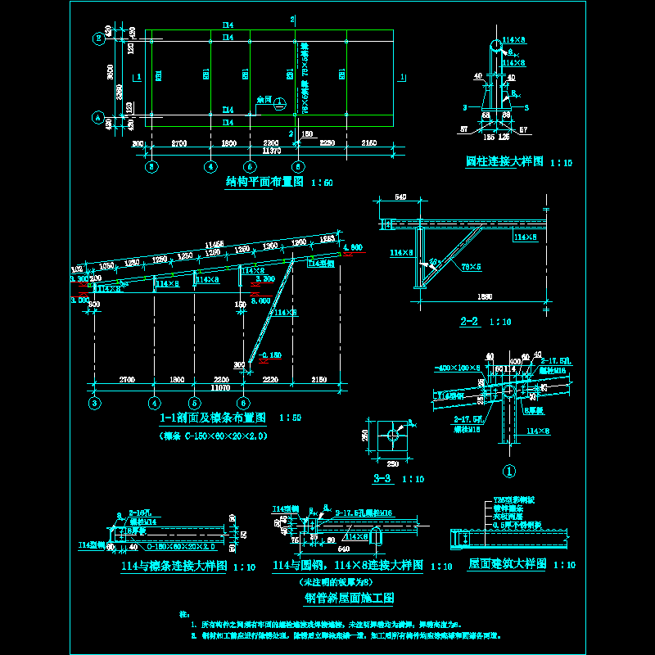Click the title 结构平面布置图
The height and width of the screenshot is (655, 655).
(264, 183)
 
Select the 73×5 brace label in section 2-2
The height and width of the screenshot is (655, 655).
(471, 267)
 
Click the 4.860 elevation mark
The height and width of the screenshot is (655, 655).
(353, 247)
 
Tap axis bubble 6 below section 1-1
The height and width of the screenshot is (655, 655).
(242, 403)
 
